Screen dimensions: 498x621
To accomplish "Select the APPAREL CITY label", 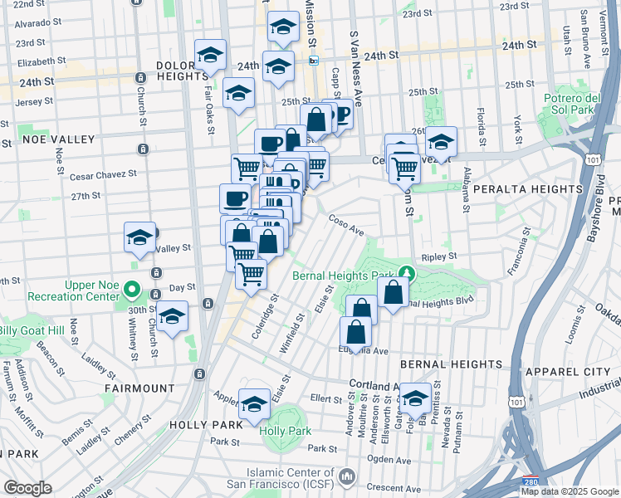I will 575,364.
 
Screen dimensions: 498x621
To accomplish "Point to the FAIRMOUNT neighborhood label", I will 139,388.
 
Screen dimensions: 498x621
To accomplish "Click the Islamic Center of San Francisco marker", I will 346,476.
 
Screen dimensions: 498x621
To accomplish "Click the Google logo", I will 27,488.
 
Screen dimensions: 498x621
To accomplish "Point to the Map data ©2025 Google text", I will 570,491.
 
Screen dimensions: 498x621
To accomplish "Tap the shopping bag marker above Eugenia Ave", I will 355,331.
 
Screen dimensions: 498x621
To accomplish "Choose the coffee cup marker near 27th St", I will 235,198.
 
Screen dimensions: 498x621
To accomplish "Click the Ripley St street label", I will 439,257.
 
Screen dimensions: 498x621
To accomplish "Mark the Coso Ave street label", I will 347,225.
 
